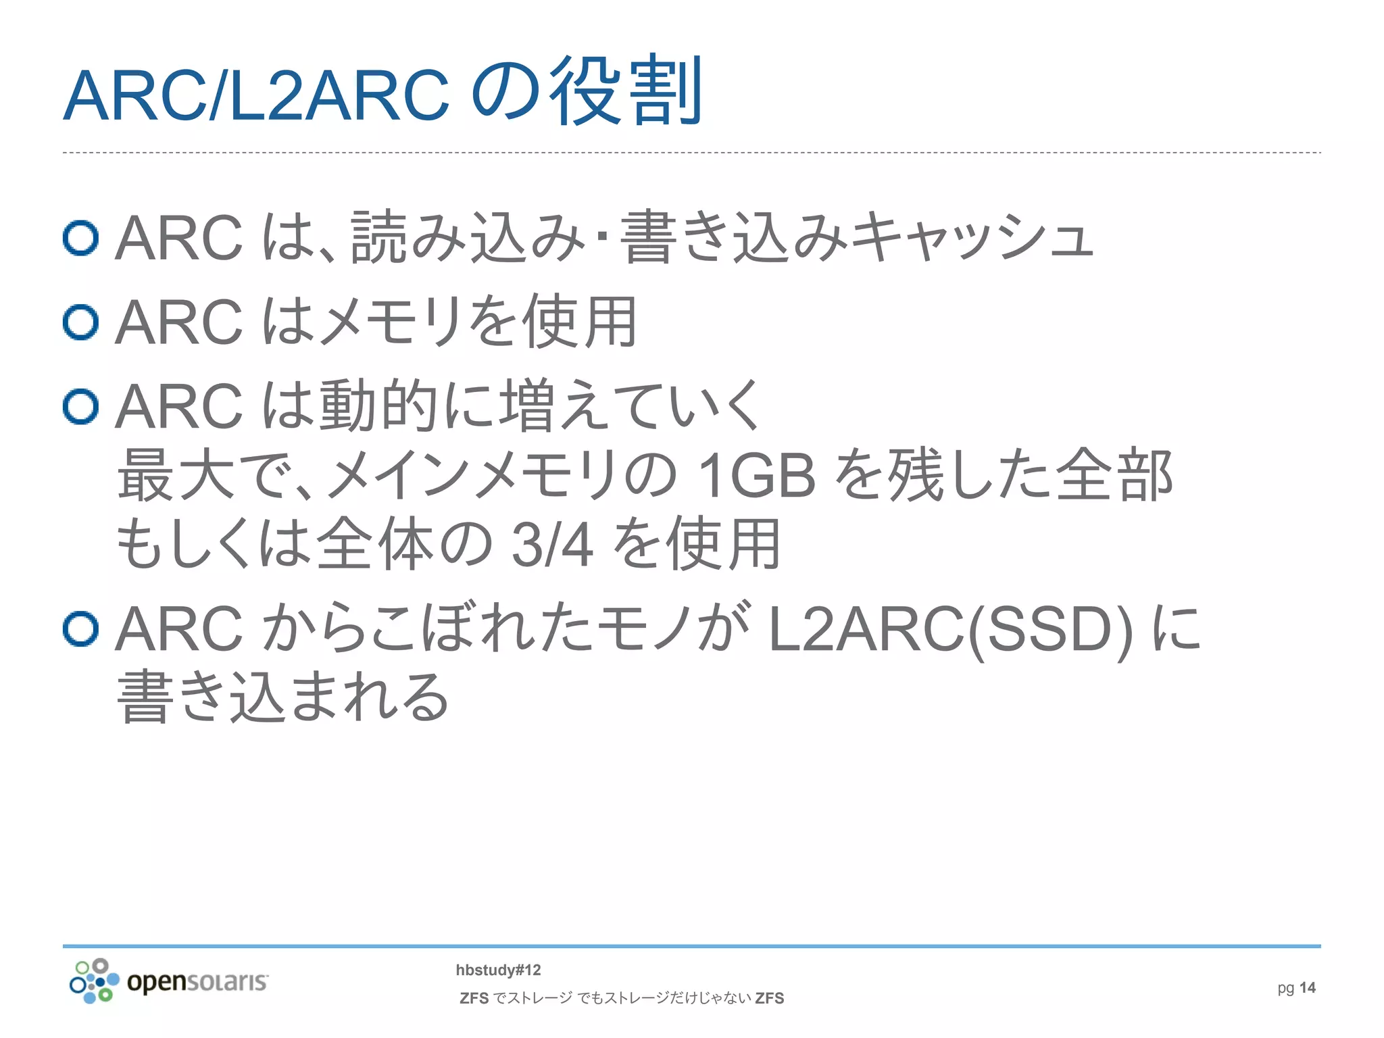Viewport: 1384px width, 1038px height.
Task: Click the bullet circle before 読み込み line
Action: click(81, 238)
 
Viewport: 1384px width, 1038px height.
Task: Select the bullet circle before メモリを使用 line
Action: click(81, 322)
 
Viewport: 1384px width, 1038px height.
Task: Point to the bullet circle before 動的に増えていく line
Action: click(81, 406)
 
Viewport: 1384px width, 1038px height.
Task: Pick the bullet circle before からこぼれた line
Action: click(81, 628)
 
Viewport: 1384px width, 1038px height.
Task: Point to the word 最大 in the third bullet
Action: click(176, 476)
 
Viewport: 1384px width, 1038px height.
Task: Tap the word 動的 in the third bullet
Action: click(378, 406)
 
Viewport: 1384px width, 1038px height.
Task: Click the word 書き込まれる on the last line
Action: click(284, 697)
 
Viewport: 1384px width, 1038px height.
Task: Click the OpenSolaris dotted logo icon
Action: click(95, 981)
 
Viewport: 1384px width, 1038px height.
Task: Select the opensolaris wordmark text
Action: click(197, 981)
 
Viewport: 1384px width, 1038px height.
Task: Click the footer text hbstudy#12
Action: click(498, 970)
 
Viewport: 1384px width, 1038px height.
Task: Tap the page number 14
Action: click(1307, 988)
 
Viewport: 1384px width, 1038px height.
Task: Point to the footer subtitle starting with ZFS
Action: click(622, 998)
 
